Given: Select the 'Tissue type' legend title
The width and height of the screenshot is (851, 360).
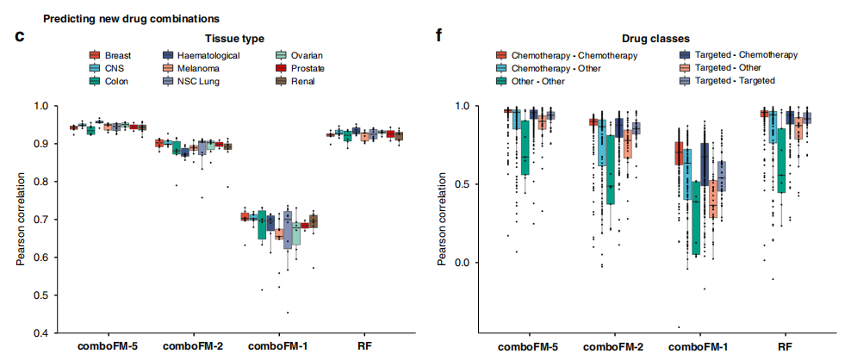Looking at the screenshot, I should point(233,38).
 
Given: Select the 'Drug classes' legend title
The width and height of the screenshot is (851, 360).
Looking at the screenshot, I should point(656,38).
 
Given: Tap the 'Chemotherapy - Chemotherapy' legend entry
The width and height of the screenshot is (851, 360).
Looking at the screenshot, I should point(566,55).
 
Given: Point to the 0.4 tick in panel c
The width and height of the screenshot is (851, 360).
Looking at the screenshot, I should point(40,333).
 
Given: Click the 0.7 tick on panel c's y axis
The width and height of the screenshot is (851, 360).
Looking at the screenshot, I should point(40,220).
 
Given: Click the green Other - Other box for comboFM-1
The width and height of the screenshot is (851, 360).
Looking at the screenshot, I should point(695,215).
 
